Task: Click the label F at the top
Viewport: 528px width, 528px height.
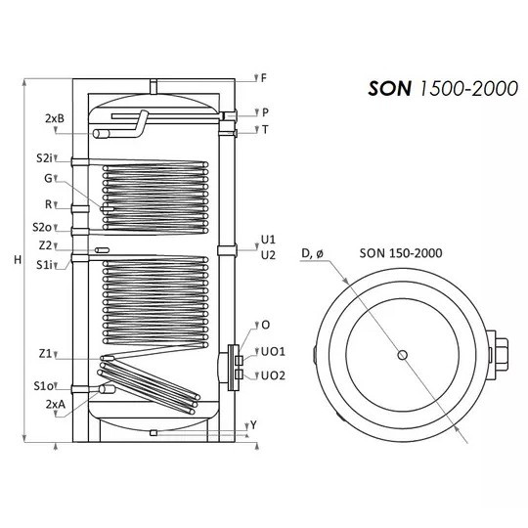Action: (264, 78)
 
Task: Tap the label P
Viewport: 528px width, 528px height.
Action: (265, 112)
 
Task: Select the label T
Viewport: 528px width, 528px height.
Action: (265, 130)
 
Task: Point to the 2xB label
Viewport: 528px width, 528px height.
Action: (55, 118)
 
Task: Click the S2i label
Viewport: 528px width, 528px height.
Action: (44, 158)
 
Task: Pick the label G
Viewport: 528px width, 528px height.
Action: (49, 178)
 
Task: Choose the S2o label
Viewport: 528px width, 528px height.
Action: (42, 227)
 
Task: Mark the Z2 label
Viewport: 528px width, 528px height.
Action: (45, 245)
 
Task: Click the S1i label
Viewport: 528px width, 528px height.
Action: (44, 265)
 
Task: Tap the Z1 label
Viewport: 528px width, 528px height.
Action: (45, 354)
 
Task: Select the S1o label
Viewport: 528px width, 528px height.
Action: (43, 386)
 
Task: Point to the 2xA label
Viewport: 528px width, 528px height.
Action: (56, 405)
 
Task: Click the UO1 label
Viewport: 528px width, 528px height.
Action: (273, 352)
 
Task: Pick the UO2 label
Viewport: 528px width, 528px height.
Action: (273, 375)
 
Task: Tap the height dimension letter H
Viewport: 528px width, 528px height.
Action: (18, 260)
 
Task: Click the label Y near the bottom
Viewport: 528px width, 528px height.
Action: (253, 425)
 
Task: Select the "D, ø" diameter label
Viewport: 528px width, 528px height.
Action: (312, 253)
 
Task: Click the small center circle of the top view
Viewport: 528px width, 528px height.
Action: (403, 355)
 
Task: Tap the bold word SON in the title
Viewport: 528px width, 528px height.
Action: (389, 89)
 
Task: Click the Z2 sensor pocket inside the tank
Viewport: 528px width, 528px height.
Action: (102, 250)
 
